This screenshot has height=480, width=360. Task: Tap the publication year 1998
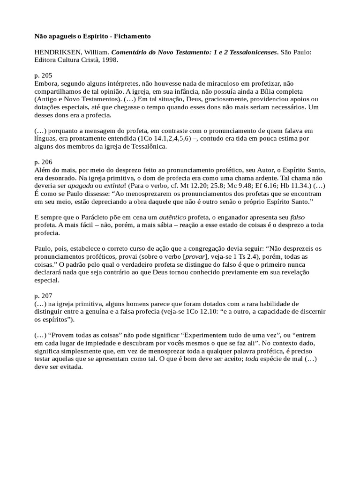109,60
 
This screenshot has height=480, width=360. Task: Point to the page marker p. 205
43,75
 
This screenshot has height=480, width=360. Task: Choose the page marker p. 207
43,296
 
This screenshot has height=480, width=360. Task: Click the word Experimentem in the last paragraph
203,336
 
